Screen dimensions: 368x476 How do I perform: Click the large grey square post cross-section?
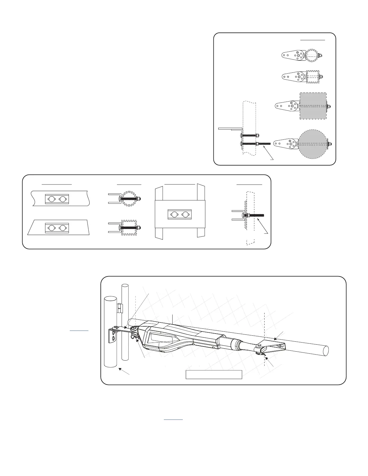pyautogui.click(x=313, y=106)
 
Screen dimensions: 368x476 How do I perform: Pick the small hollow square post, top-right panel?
pyautogui.click(x=313, y=77)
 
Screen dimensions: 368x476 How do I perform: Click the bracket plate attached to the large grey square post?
pyautogui.click(x=287, y=106)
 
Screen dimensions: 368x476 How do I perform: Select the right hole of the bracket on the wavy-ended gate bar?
pyautogui.click(x=62, y=199)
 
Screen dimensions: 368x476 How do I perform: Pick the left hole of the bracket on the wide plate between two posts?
pyautogui.click(x=174, y=215)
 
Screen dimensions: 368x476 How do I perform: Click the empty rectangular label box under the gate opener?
pyautogui.click(x=214, y=374)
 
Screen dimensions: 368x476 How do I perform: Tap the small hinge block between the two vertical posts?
pyautogui.click(x=119, y=307)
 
